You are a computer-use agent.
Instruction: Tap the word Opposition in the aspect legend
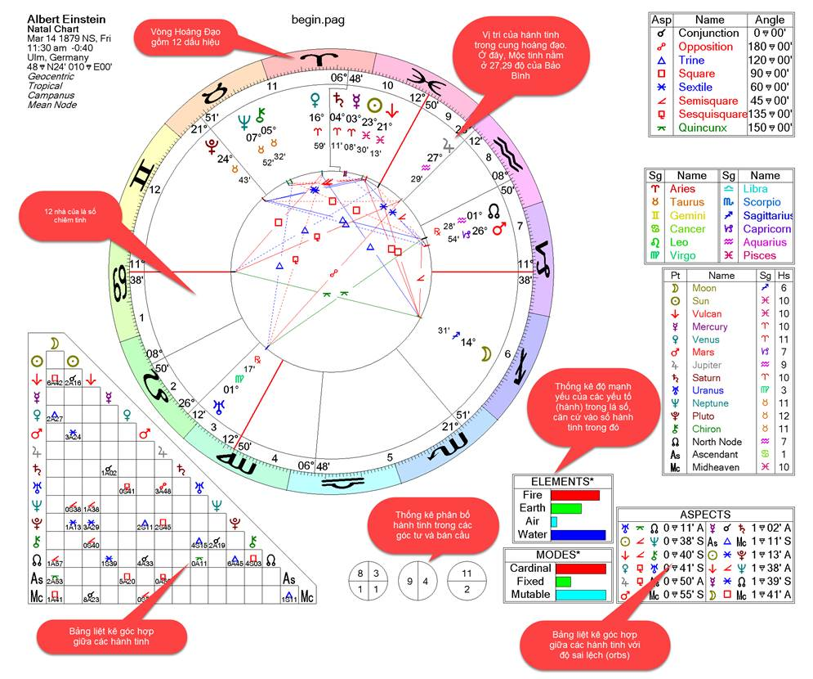(x=706, y=47)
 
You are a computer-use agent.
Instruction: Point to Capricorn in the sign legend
(x=767, y=229)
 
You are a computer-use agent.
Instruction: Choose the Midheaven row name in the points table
(x=717, y=467)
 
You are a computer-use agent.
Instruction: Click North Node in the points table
(x=717, y=442)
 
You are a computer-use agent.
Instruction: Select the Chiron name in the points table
(x=707, y=429)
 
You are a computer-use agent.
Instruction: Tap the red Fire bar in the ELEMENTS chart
(x=574, y=495)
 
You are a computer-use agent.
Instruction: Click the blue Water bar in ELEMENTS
(x=578, y=535)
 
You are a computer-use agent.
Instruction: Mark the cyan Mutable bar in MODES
(x=580, y=595)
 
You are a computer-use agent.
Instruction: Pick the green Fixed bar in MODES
(x=563, y=582)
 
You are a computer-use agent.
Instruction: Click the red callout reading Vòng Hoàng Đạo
(x=193, y=37)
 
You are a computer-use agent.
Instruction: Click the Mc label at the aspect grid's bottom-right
(x=307, y=597)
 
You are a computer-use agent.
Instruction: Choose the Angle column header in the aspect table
(x=770, y=20)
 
